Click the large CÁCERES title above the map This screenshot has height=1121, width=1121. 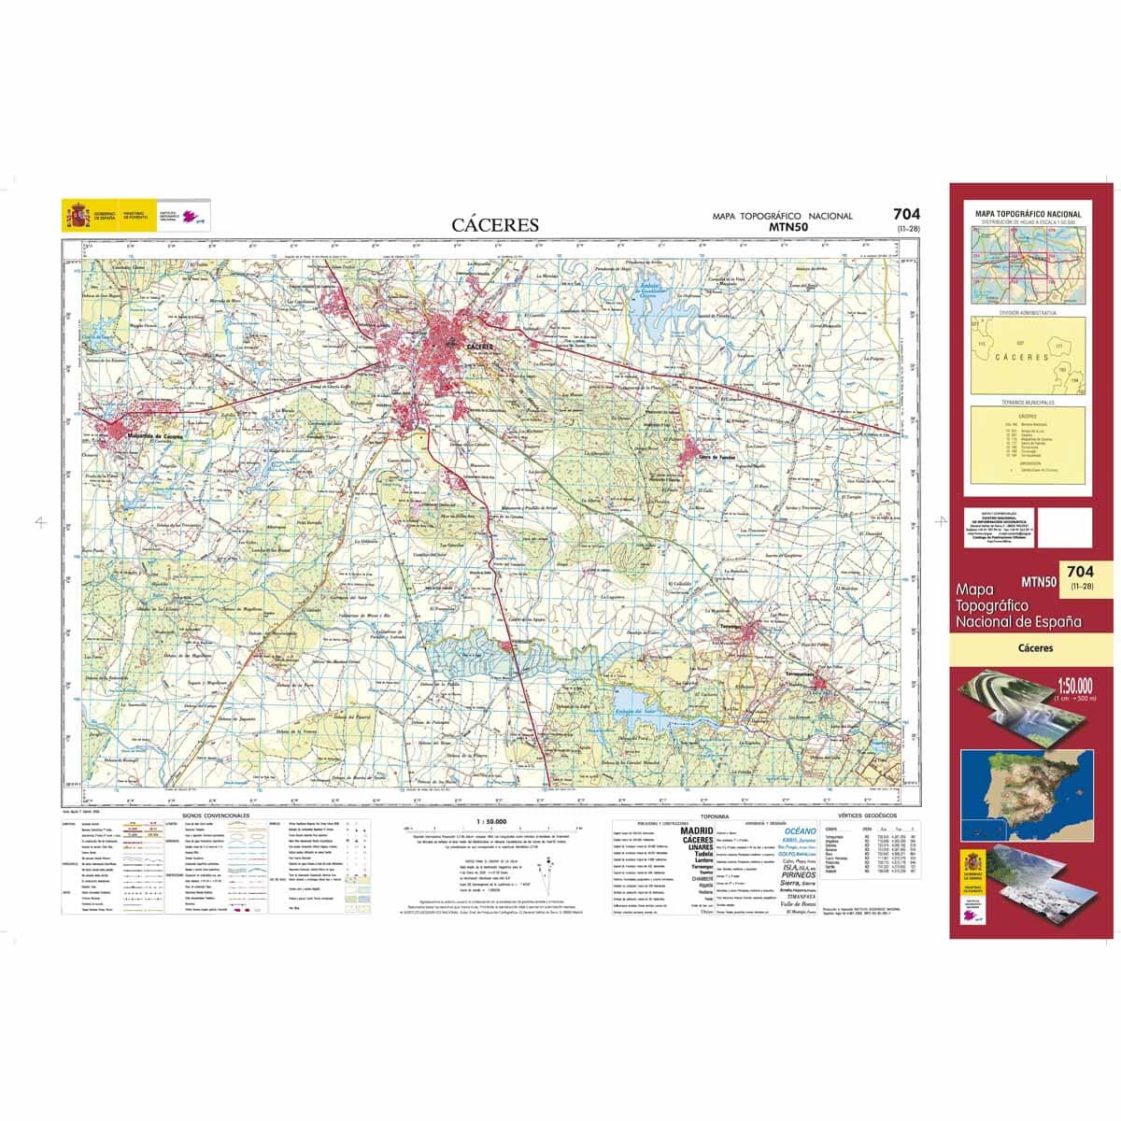tap(495, 225)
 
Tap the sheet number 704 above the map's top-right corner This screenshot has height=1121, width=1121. tap(906, 214)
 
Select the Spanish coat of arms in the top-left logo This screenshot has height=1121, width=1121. tap(73, 217)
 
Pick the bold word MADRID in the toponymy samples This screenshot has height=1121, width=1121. tap(696, 830)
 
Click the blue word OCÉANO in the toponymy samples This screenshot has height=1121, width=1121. tap(800, 830)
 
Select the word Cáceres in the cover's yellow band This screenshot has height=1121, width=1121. tap(1034, 647)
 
